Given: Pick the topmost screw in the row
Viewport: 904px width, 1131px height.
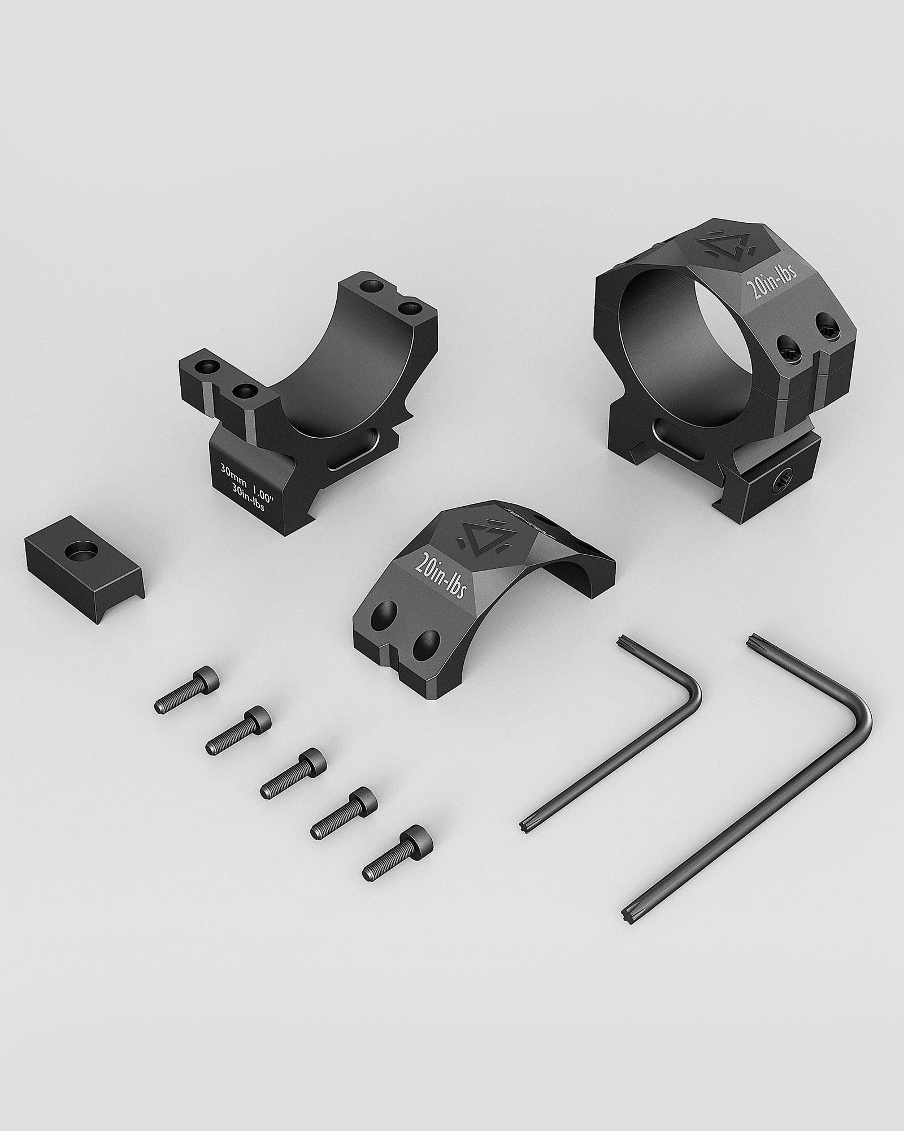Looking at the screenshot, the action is (187, 689).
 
